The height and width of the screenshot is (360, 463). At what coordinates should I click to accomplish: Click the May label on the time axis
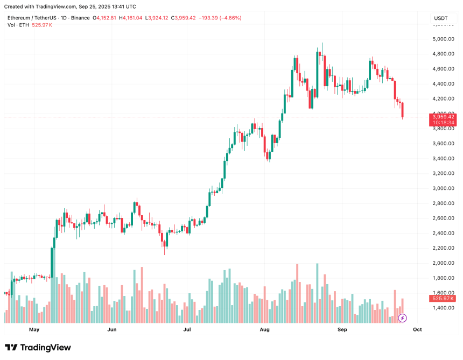[34, 329]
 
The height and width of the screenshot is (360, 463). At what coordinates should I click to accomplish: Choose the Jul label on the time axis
[187, 329]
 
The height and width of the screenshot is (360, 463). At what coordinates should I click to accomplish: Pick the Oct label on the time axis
[417, 329]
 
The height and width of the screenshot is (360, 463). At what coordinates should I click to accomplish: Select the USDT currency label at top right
[441, 18]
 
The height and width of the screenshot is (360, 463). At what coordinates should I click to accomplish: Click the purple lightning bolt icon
[402, 318]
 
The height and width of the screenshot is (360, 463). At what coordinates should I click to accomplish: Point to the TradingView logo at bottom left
[38, 348]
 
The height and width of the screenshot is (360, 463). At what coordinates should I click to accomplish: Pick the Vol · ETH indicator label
[18, 25]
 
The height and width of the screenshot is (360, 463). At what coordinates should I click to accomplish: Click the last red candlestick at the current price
[403, 110]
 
